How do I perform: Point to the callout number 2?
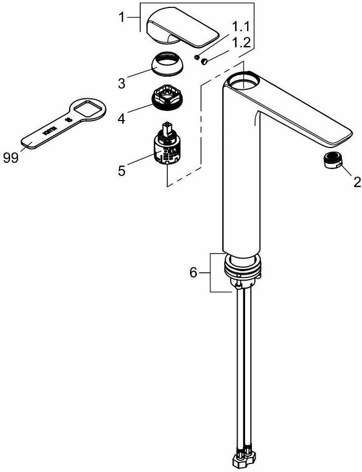pos(356,182)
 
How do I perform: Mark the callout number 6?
pos(194,273)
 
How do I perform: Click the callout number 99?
pos(10,158)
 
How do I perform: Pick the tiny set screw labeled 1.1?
pos(196,55)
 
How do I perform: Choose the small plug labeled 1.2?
pos(204,62)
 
